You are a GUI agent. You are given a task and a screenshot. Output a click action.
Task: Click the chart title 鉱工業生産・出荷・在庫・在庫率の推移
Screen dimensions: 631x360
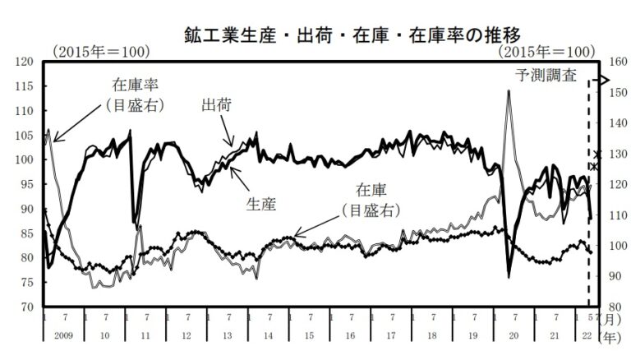(352, 35)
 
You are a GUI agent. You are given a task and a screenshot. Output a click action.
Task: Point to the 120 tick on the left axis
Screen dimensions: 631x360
(24, 62)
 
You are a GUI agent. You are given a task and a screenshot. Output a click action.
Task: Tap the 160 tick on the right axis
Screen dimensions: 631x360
(619, 62)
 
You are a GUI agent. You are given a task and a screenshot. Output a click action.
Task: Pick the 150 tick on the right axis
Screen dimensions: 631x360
(619, 92)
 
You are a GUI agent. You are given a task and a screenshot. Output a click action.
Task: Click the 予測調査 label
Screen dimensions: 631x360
(546, 76)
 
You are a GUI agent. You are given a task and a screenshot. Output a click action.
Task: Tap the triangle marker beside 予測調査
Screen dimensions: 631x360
(605, 80)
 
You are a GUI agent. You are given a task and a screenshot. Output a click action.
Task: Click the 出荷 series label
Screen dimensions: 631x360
(217, 105)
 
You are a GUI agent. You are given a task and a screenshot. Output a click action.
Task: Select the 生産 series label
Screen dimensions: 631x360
(261, 205)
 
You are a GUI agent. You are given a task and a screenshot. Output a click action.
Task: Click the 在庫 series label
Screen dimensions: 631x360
(371, 190)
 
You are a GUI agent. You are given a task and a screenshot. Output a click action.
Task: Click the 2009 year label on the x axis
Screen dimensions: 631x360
(63, 336)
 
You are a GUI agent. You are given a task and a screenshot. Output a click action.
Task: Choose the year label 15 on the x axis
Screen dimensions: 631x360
(309, 336)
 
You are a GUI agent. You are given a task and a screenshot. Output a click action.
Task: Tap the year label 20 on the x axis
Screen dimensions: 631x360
(514, 336)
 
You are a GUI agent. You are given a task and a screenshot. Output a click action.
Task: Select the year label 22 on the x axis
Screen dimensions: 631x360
(587, 336)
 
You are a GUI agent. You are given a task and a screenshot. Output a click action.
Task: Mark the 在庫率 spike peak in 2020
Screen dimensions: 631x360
(509, 91)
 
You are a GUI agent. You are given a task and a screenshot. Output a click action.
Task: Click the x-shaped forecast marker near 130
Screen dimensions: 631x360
(597, 155)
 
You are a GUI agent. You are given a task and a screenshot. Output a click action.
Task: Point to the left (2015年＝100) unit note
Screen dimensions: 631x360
(101, 52)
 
